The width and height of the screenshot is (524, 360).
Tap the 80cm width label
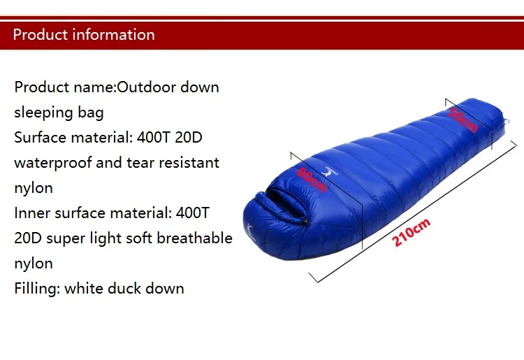(x=312, y=179)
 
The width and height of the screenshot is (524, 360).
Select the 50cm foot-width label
(x=463, y=120)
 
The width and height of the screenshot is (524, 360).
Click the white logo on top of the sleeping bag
(x=327, y=170)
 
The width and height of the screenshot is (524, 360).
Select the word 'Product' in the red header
(x=40, y=34)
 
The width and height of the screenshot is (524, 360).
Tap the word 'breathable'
(x=195, y=238)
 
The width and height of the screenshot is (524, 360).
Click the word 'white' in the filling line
(x=83, y=289)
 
